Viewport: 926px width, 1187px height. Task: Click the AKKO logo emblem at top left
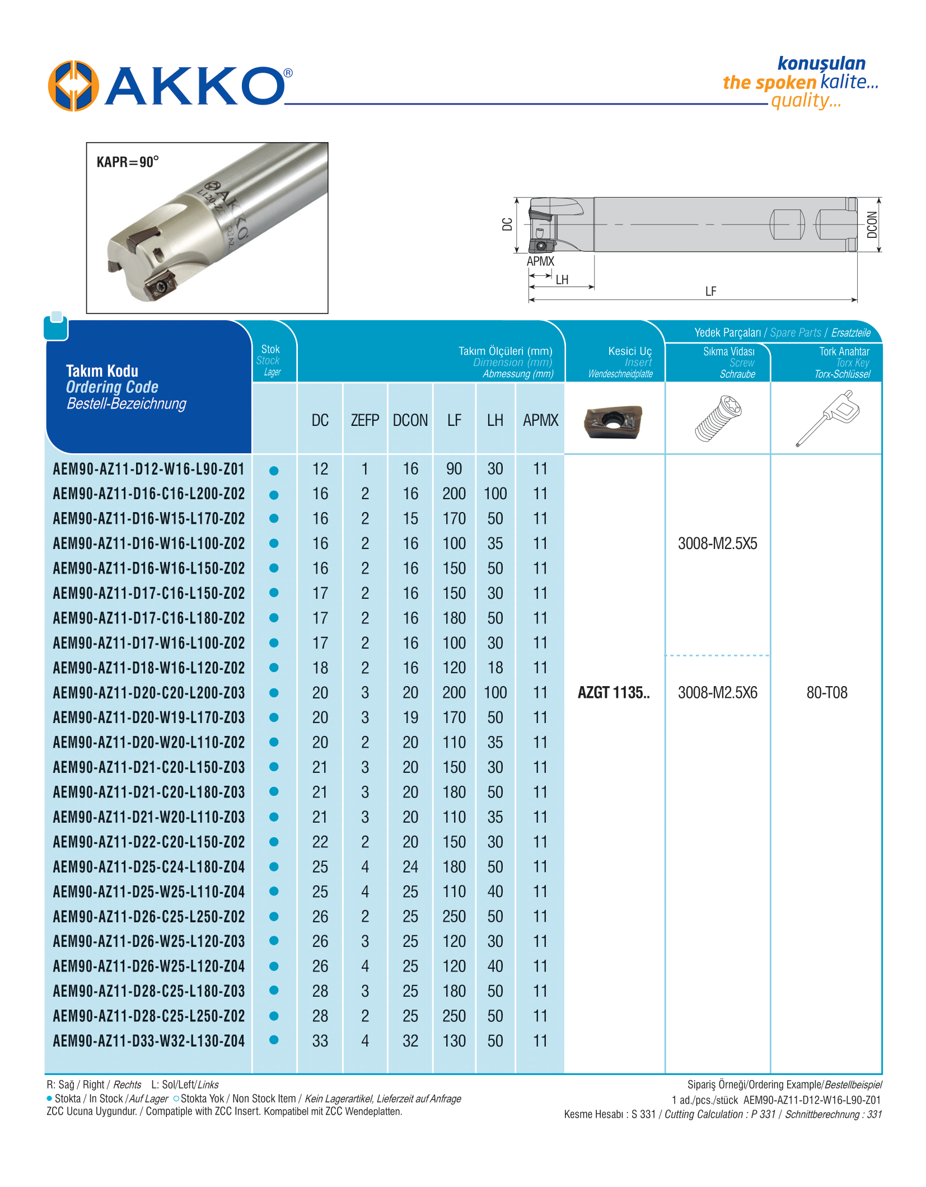[x=73, y=86]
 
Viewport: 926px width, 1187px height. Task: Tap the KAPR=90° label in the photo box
[x=128, y=162]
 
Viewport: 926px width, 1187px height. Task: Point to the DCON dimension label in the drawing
[x=872, y=224]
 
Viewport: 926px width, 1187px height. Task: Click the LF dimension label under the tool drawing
[x=710, y=291]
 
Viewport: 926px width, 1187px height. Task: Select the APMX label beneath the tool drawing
[x=540, y=261]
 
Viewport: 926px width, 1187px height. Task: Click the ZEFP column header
[x=365, y=420]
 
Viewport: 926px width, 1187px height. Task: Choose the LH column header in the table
[x=495, y=420]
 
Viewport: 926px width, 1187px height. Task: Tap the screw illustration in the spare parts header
[x=718, y=419]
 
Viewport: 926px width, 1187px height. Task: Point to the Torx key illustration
[x=827, y=419]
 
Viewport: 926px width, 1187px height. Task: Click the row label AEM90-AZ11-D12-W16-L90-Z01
[x=149, y=469]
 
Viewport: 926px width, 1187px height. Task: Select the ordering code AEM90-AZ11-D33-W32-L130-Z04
[x=149, y=1041]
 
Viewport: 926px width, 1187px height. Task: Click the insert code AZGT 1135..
[x=614, y=693]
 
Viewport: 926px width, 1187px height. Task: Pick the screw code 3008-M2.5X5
[x=717, y=543]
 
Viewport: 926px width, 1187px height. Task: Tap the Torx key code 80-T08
[x=827, y=693]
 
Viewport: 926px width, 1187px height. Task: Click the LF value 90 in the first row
[x=454, y=469]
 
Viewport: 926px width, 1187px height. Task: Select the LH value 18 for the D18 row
[x=495, y=668]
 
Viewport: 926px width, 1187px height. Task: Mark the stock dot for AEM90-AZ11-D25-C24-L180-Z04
[x=274, y=867]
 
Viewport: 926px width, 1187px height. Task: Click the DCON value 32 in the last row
[x=410, y=1041]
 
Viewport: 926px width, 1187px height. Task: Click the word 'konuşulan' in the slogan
[x=821, y=64]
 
